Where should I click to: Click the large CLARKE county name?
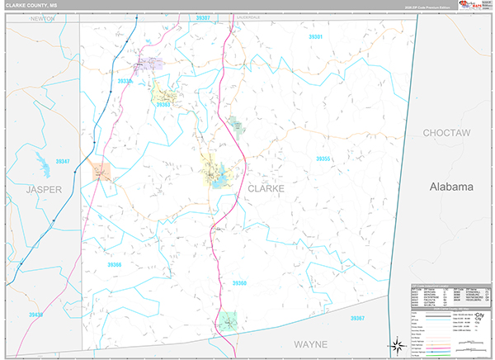266,188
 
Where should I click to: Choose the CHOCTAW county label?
445,132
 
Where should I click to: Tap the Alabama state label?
451,187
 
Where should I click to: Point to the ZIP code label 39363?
163,105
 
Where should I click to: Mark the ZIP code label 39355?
323,159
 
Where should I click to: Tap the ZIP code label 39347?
61,161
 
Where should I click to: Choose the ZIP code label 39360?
238,283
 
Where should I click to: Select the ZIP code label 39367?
356,317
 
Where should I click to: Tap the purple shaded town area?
148,63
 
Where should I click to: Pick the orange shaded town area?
101,171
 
